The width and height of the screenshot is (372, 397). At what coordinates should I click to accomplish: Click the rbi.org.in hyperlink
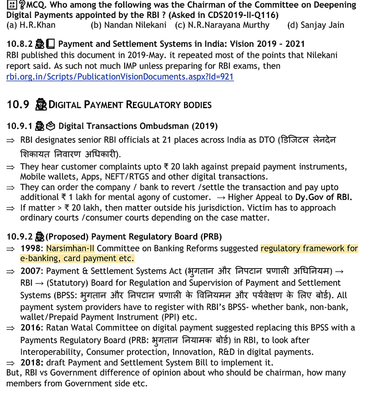[120, 77]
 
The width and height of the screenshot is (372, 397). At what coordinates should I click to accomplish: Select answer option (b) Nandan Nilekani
[128, 25]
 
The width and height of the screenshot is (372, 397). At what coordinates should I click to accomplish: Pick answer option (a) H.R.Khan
[31, 25]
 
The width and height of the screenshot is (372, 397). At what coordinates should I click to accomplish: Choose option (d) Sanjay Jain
[316, 25]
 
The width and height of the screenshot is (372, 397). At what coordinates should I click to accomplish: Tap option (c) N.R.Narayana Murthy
[222, 25]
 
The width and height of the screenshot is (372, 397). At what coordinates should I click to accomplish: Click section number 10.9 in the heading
[18, 104]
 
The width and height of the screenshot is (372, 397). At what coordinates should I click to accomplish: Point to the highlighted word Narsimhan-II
[70, 248]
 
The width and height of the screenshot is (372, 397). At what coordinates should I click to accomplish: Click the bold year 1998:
[32, 248]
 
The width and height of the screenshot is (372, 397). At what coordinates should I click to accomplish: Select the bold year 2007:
[32, 272]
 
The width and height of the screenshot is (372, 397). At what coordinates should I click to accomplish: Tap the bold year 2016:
[32, 328]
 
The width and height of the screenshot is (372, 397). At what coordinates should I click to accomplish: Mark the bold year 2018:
[32, 362]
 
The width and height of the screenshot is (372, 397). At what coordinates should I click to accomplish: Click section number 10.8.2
[19, 44]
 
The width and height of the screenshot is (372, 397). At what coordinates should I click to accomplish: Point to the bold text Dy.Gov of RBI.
[323, 197]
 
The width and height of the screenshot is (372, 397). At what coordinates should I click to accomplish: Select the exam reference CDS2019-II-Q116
[246, 15]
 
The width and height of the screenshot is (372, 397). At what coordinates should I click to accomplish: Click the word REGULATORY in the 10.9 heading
[159, 104]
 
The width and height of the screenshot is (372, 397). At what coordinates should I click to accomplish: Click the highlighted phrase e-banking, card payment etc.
[77, 258]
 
